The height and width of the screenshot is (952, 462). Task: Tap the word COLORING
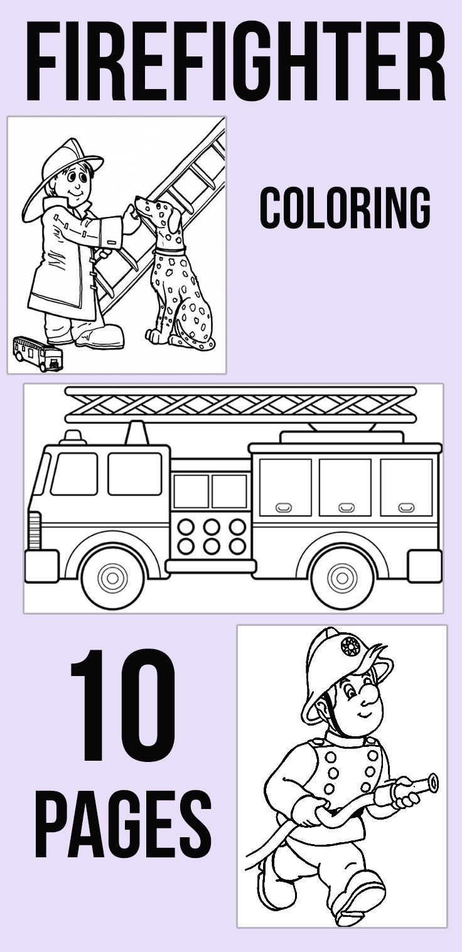[345, 208]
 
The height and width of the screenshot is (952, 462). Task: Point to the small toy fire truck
[38, 353]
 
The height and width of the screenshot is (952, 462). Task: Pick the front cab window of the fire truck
[73, 473]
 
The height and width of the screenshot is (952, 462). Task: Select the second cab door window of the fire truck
[134, 473]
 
